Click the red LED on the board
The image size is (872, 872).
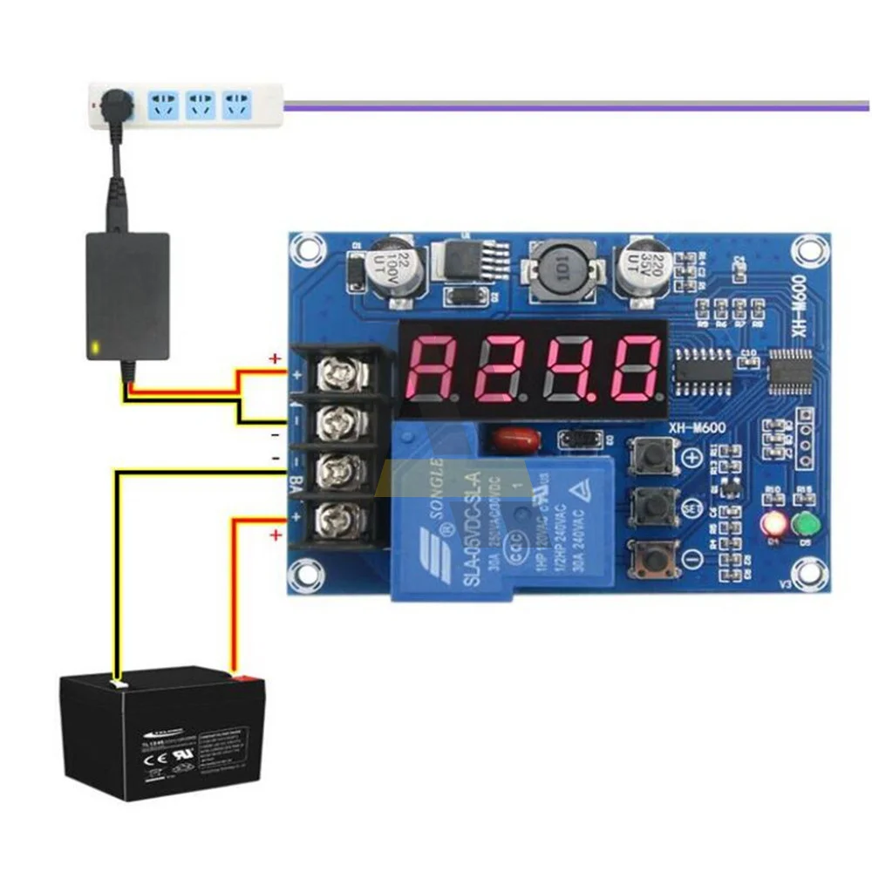pyautogui.click(x=772, y=526)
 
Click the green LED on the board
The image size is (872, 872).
pyautogui.click(x=805, y=526)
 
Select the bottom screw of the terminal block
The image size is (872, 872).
pyautogui.click(x=336, y=521)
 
